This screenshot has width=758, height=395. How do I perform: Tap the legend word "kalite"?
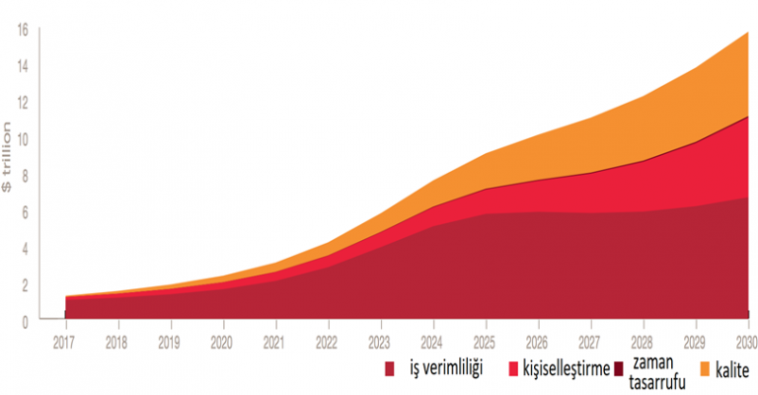tap(735, 369)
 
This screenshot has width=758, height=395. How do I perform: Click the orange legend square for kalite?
tap(706, 369)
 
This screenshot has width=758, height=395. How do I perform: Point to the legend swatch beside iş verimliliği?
tap(391, 369)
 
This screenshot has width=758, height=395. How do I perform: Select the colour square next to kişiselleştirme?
tap(512, 369)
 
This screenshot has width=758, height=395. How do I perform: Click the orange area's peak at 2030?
tap(747, 34)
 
